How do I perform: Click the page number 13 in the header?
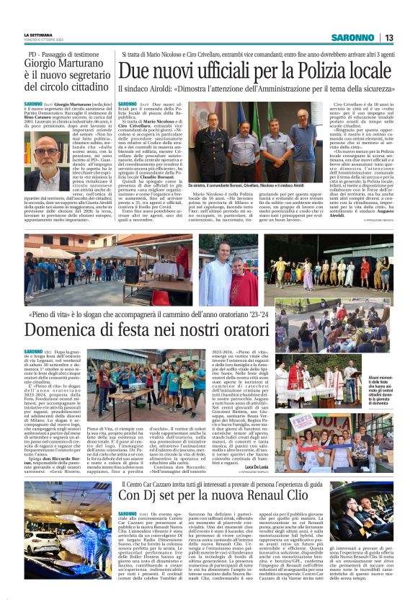[x=388, y=37]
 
